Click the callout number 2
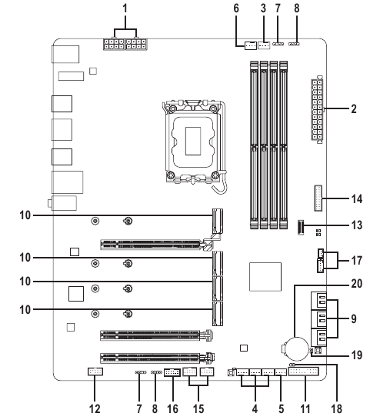point(354,108)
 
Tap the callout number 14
point(357,198)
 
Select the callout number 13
point(357,225)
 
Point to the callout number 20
point(357,283)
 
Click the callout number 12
point(95,408)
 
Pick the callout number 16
point(172,408)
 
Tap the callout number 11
point(305,408)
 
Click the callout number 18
point(336,408)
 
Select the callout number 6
point(236,8)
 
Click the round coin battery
point(296,348)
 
